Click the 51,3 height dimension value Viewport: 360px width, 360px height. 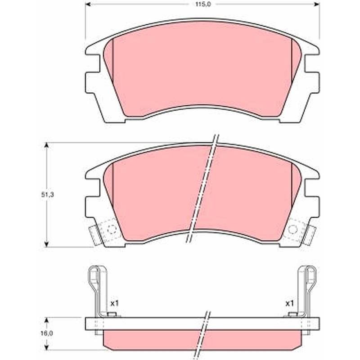(x=47, y=195)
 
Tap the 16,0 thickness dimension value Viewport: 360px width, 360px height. (x=47, y=333)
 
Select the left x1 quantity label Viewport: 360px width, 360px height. (x=114, y=303)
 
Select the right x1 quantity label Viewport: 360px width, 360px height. (x=289, y=303)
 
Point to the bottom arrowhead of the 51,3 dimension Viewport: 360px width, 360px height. (x=47, y=244)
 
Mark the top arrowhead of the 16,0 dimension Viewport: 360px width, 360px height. (x=47, y=320)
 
